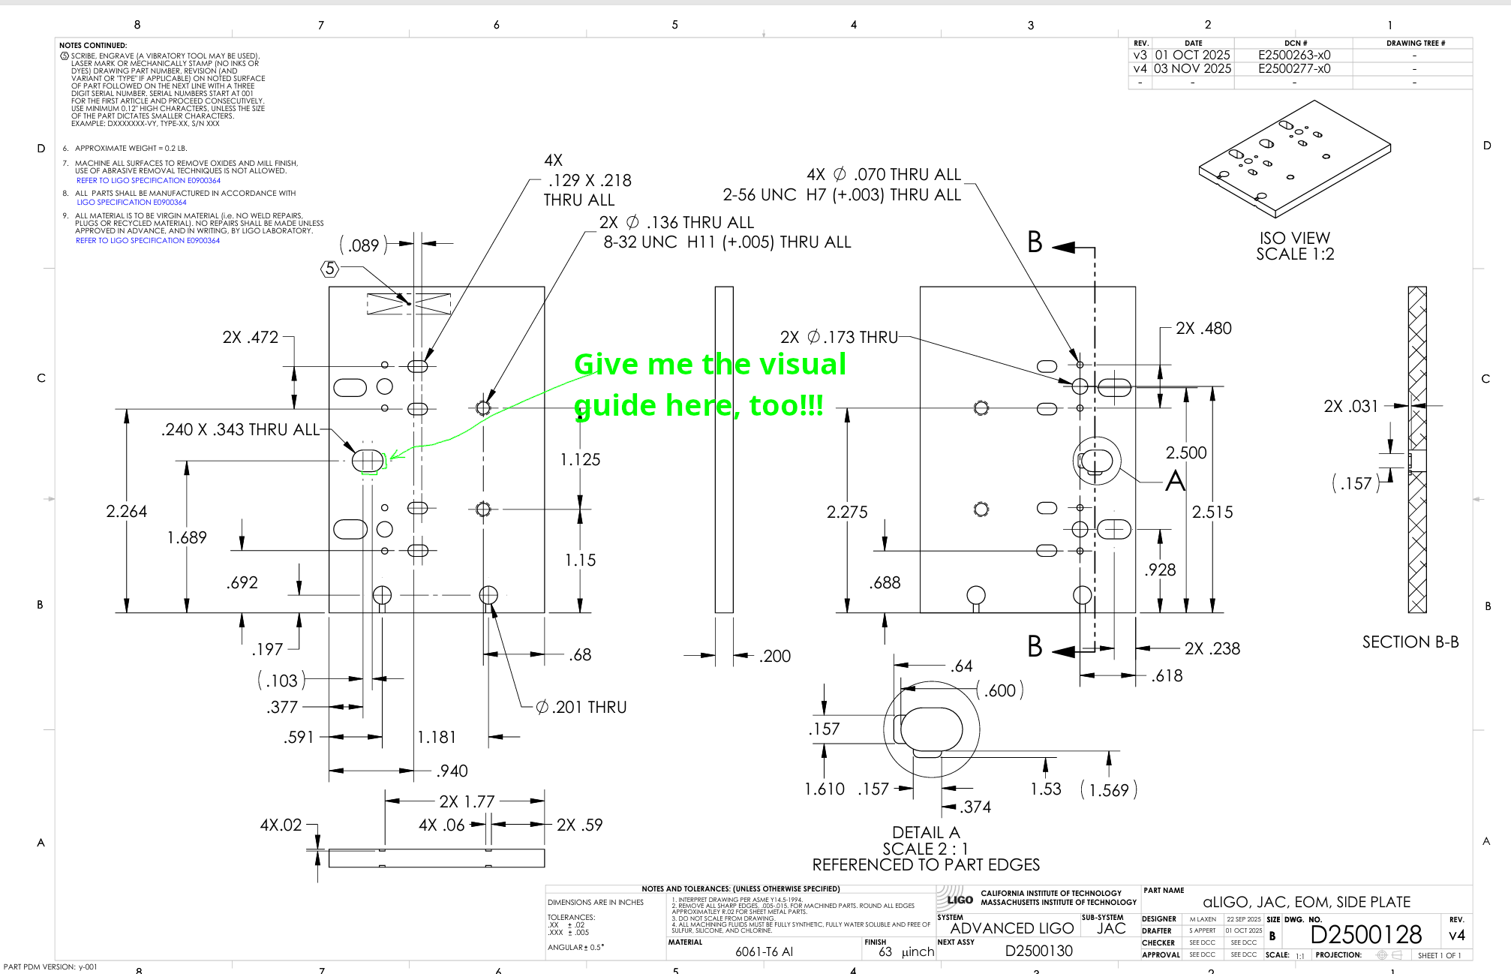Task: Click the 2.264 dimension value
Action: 126,512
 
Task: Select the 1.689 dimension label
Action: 187,537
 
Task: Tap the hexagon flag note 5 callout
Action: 330,269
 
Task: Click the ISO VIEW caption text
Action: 1295,238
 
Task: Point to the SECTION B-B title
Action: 1410,642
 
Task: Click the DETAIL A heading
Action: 926,832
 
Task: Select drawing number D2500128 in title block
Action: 1365,934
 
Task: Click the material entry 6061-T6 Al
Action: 764,951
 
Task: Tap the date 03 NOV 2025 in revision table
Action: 1192,68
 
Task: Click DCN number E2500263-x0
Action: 1294,55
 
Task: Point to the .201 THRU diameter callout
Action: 581,707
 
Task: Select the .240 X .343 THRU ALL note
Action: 240,430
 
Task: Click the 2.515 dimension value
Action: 1212,512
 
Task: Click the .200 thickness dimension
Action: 775,657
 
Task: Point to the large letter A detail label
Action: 1175,481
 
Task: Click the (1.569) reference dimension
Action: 1109,790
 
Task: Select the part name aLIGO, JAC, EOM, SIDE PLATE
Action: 1306,902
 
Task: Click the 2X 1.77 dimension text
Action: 467,801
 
